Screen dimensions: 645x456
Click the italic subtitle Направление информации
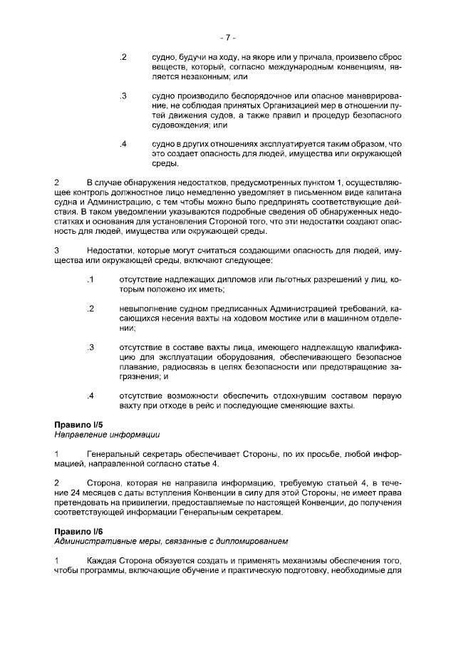(x=106, y=434)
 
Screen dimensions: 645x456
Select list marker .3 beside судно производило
(x=123, y=96)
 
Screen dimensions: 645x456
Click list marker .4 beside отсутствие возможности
(x=90, y=396)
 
